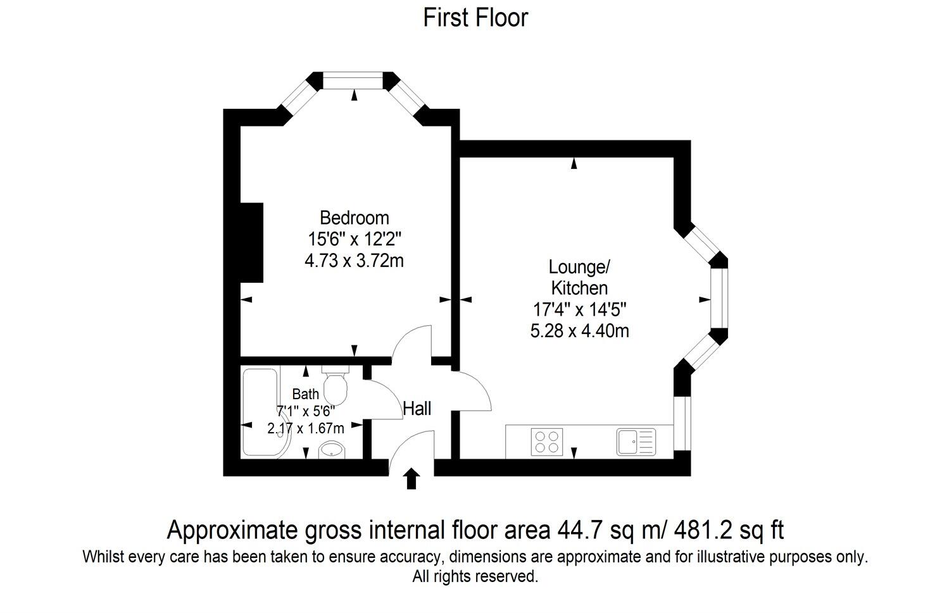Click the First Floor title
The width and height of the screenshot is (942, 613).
pos(475,18)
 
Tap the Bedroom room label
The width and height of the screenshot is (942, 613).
pos(354,218)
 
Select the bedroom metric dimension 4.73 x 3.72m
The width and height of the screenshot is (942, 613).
pos(354,260)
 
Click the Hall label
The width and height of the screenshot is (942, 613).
pos(417,409)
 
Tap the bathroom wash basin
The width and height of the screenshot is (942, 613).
pos(331,450)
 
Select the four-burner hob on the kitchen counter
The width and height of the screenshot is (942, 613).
pos(547,442)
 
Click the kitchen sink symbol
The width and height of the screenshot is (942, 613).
pos(636,442)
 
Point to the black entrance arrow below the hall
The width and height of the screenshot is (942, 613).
pos(411,478)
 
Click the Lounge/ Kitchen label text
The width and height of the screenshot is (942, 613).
pos(579,277)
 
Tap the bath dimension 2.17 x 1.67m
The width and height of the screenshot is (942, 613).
pos(306,428)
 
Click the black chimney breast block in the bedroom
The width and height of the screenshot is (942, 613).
pos(251,242)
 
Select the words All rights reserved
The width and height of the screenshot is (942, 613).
pos(475,577)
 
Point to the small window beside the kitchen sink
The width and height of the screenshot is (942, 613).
pos(682,423)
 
